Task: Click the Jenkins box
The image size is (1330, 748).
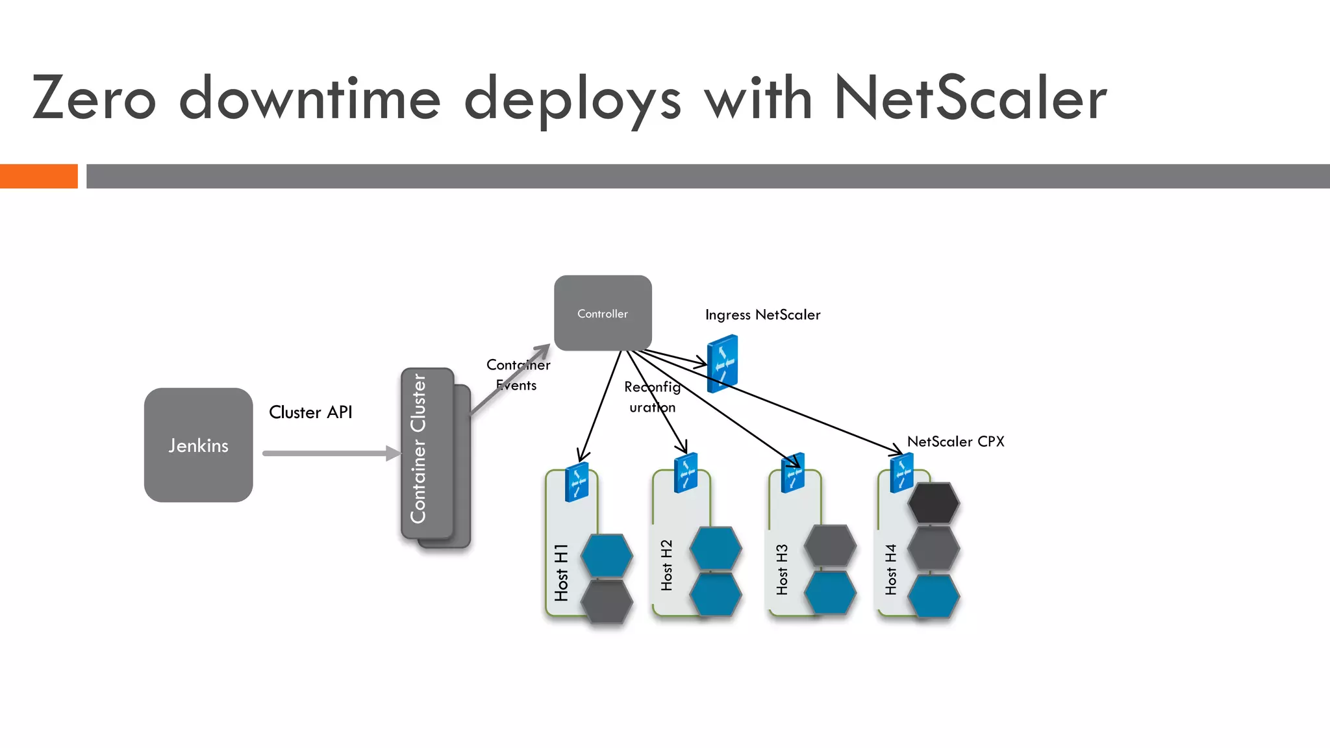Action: click(198, 445)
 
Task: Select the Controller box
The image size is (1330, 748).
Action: click(603, 313)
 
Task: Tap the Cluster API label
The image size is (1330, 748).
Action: click(310, 412)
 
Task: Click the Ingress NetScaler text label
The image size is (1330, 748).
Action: click(762, 315)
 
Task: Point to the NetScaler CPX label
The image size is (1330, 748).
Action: click(955, 442)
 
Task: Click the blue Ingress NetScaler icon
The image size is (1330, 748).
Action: click(722, 364)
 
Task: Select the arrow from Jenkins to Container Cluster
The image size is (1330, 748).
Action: click(331, 453)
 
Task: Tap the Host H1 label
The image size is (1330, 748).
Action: click(561, 573)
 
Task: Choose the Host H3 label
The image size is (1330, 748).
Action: click(782, 569)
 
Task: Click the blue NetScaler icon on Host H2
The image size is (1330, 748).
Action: click(686, 473)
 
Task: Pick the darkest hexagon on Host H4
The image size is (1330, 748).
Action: click(933, 503)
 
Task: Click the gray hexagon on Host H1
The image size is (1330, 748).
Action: click(607, 601)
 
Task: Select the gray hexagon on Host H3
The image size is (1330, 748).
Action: click(830, 545)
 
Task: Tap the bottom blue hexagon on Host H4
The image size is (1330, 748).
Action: click(933, 595)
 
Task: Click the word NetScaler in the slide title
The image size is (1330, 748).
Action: click(970, 99)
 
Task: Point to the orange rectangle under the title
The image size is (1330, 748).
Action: click(38, 176)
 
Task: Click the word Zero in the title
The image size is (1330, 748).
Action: click(94, 99)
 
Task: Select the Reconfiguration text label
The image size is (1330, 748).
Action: click(652, 397)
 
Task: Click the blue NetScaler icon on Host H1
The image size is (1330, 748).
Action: click(577, 482)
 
